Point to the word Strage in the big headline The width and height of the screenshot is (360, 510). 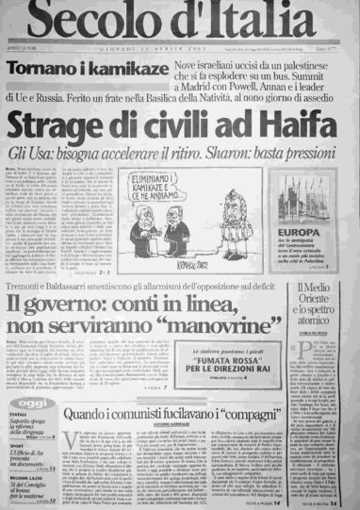(x=75, y=123)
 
